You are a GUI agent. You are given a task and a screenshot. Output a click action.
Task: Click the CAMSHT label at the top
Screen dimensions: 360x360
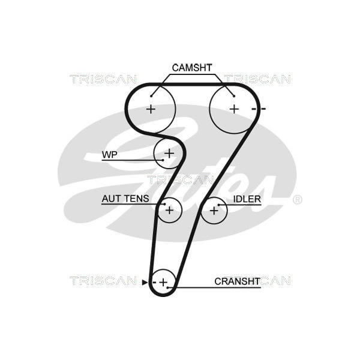192,68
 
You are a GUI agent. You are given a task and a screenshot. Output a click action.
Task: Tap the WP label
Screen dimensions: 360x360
110,155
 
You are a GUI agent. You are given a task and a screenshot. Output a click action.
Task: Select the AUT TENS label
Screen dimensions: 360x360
125,199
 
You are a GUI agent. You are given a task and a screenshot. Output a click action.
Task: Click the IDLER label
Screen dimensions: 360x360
247,199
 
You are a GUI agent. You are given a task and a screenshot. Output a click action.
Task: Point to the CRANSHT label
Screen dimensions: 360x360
238,281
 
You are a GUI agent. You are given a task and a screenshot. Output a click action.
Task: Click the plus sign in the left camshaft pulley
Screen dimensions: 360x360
151,109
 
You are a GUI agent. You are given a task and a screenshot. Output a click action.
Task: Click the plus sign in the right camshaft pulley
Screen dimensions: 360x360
234,109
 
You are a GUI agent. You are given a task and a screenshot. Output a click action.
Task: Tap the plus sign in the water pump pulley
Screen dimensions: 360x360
169,153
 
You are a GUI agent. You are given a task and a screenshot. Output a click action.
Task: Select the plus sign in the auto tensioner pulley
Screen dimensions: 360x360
169,211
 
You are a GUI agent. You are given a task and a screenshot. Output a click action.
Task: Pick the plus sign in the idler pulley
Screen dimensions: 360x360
214,211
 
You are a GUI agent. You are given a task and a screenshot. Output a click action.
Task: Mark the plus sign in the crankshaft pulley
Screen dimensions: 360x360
163,282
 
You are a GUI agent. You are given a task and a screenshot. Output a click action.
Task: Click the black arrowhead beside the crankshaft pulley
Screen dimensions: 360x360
145,282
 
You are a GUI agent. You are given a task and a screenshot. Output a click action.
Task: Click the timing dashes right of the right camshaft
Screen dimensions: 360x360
259,109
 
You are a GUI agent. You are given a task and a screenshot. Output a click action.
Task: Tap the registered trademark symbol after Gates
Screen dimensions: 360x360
298,200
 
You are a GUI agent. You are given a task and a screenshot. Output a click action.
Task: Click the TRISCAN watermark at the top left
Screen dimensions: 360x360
103,79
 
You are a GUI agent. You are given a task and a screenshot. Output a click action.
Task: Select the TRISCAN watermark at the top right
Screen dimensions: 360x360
257,79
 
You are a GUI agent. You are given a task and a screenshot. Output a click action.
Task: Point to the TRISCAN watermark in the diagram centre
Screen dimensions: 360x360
180,180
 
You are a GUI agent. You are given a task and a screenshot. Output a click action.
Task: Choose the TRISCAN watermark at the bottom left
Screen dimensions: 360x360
103,281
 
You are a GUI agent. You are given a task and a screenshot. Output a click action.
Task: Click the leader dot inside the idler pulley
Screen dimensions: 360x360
218,205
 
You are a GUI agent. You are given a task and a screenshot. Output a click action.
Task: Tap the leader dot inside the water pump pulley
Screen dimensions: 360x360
163,160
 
